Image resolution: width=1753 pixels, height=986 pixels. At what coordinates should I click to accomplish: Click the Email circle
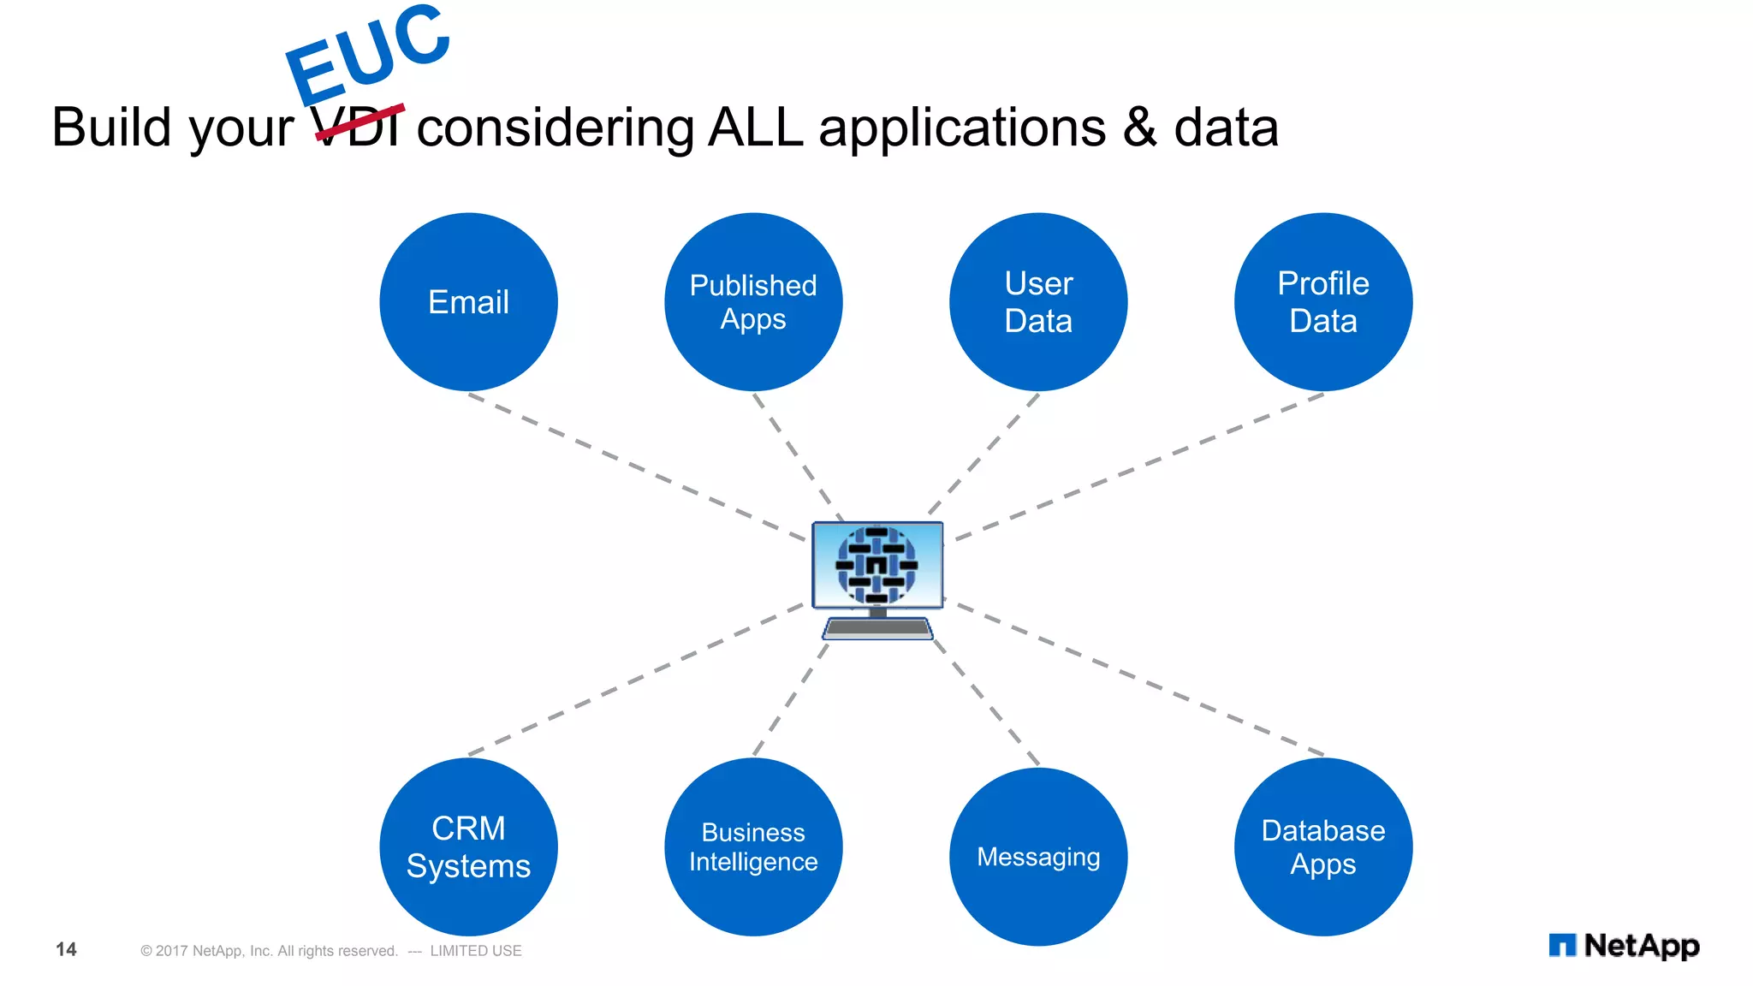click(x=468, y=302)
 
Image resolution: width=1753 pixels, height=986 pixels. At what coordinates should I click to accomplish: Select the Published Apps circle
click(x=753, y=302)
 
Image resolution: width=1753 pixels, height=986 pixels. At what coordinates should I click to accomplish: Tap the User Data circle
click(x=1038, y=302)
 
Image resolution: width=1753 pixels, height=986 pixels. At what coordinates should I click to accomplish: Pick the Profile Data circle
click(x=1323, y=302)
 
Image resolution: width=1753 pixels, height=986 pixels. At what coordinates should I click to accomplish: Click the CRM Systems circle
click(x=468, y=846)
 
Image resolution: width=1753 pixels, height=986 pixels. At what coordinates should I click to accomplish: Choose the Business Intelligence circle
click(x=753, y=846)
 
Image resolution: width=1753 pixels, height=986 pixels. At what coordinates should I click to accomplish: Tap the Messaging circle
click(x=1038, y=856)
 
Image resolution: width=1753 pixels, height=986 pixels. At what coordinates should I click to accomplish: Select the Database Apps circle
click(x=1323, y=846)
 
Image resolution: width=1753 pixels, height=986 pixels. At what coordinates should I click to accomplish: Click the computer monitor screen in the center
click(x=877, y=565)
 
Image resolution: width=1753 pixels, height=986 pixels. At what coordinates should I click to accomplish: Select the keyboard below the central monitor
click(x=877, y=629)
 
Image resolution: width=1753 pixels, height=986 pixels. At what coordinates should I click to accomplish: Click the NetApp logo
click(x=1624, y=946)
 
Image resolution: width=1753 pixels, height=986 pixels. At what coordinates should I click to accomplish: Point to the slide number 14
click(x=66, y=949)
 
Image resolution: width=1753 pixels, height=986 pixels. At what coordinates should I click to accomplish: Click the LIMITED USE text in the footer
click(x=475, y=951)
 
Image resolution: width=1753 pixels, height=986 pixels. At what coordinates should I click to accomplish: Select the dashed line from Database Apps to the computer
click(x=1138, y=680)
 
